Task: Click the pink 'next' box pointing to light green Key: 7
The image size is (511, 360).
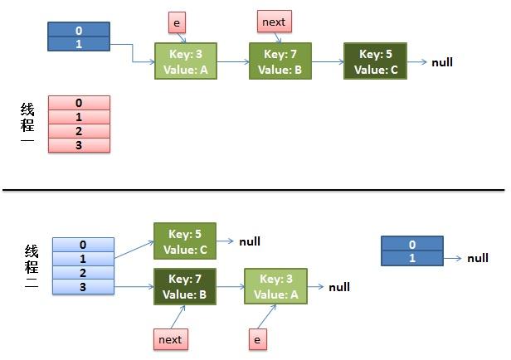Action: pos(275,20)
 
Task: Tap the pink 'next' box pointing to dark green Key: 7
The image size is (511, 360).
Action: pos(171,338)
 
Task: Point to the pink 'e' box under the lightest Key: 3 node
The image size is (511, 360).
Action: pos(257,338)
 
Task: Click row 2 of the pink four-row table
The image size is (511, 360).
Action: pos(79,131)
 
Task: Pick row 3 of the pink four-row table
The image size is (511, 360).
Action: pos(79,145)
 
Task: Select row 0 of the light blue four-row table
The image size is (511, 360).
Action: pos(82,245)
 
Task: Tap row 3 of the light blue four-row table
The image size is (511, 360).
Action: pos(82,286)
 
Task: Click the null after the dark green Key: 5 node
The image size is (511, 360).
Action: pos(441,62)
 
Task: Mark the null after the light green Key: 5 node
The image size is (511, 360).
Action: pos(250,241)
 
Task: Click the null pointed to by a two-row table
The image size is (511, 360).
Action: pos(477,258)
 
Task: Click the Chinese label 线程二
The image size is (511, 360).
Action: pos(31,265)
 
